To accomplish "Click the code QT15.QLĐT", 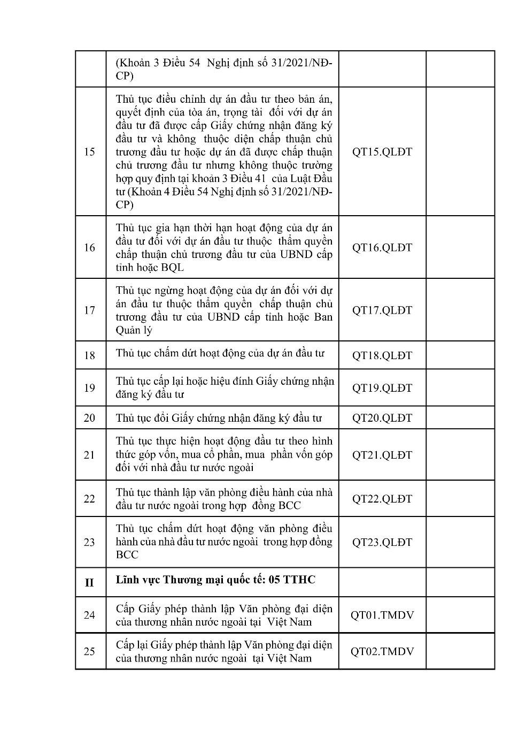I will click(x=382, y=152).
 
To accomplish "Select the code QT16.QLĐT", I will click(x=382, y=248).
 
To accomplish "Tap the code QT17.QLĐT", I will click(x=382, y=310).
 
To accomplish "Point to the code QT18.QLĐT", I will click(x=382, y=355).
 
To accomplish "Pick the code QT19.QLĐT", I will click(x=382, y=388).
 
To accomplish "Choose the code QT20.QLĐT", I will click(x=382, y=418).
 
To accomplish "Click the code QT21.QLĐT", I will click(x=382, y=455).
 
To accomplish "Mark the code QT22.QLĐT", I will click(x=382, y=499).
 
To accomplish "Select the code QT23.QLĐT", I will click(x=382, y=542).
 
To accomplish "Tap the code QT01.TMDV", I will click(x=382, y=615).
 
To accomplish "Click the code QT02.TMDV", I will click(x=382, y=652).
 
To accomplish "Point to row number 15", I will click(x=90, y=152).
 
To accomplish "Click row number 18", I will click(x=90, y=355).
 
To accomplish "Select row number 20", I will click(x=90, y=418).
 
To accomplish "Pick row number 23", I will click(x=90, y=542).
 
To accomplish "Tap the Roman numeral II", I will click(x=90, y=582).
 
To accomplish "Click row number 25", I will click(x=90, y=652).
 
